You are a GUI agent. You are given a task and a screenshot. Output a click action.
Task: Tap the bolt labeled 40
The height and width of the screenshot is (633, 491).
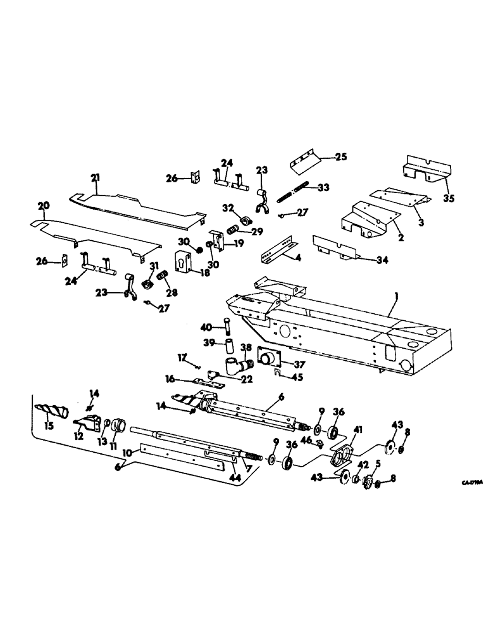point(227,327)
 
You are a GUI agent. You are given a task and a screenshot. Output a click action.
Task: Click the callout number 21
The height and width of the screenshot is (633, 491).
point(94,178)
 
